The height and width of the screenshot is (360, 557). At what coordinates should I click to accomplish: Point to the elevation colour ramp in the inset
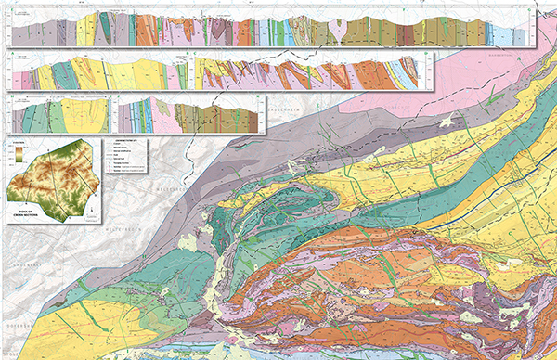19,155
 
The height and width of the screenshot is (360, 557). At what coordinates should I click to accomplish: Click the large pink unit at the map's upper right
483,93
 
